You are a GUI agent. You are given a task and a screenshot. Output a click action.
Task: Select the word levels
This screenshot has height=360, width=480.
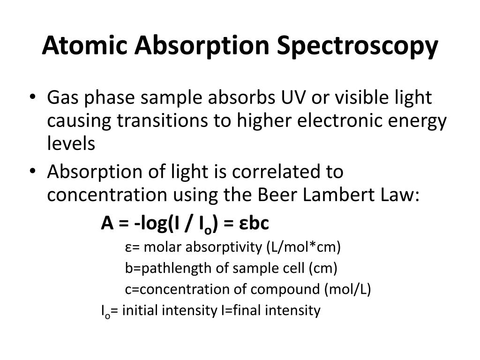[x=71, y=143]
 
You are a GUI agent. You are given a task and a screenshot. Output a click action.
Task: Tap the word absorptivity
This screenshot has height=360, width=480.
[x=225, y=247]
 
